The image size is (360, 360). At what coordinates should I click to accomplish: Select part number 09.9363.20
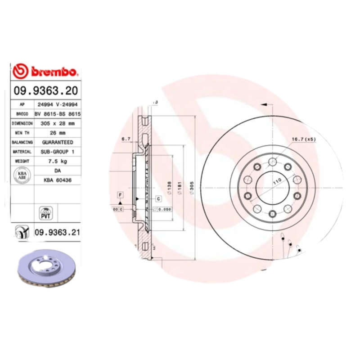point(45,90)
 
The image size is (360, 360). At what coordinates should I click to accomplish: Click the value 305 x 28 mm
point(57,123)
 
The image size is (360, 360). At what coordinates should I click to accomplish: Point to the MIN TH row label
point(22,133)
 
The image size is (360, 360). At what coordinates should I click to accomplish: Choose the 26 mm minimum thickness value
point(57,133)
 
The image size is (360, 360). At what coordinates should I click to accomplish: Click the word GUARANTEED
point(57,142)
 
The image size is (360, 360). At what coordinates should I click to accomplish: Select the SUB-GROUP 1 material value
point(57,152)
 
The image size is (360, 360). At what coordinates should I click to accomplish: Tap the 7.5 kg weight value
point(57,161)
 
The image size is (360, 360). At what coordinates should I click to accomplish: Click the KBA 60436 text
point(57,180)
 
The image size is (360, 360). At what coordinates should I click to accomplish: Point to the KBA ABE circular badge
point(22,175)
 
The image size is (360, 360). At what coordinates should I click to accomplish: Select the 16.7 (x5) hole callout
point(304,139)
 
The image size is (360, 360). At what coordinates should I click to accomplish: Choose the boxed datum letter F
point(120,194)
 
